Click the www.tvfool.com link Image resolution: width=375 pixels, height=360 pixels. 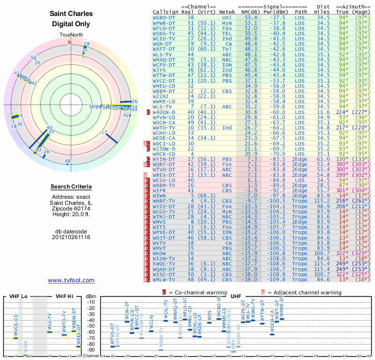tap(71, 280)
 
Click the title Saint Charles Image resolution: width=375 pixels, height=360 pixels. tap(71, 13)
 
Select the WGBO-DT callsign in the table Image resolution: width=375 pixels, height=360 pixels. tap(165, 17)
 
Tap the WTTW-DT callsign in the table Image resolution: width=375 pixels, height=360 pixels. tap(165, 75)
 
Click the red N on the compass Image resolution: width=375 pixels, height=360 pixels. tap(70, 42)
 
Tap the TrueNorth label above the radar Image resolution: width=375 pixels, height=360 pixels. tap(70, 35)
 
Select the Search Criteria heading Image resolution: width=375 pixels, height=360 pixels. tap(71, 187)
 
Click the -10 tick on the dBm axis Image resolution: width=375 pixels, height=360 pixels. tap(91, 302)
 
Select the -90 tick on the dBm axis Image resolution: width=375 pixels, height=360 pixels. tap(91, 350)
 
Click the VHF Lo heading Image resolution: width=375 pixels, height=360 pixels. tap(18, 296)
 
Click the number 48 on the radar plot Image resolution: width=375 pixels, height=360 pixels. tap(67, 161)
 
